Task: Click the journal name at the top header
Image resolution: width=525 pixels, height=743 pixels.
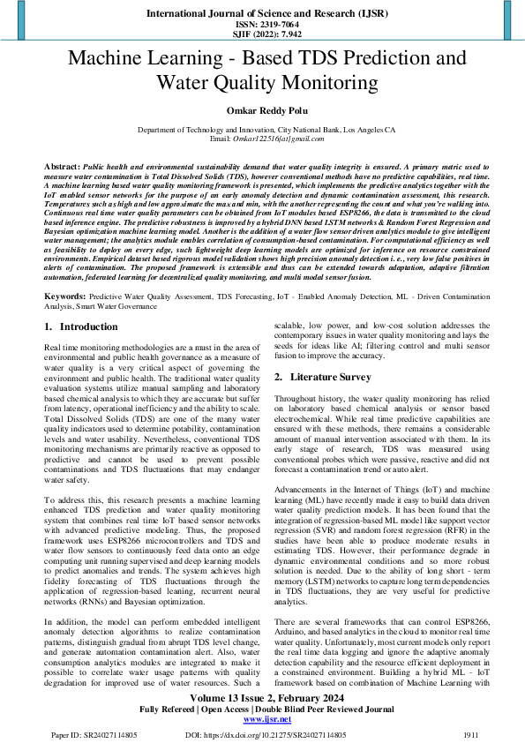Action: tap(262, 15)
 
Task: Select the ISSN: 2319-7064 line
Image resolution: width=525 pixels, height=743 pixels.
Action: tap(262, 26)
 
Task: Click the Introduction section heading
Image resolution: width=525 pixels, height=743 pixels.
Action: tap(87, 326)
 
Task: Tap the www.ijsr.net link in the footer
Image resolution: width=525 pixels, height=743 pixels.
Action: tap(262, 720)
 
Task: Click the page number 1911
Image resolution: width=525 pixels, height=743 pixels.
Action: tap(471, 734)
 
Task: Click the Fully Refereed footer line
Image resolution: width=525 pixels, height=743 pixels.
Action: tap(262, 709)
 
